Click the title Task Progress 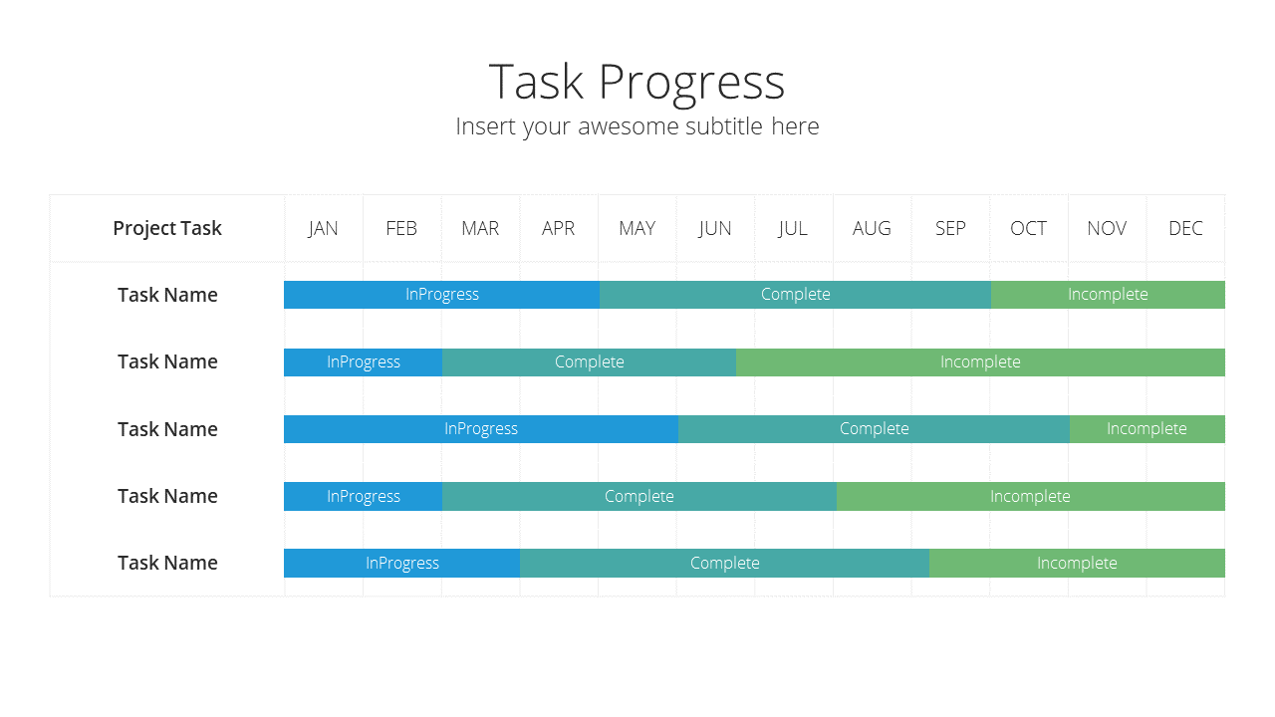pos(637,83)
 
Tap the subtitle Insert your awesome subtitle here pos(637,126)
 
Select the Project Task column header pos(166,228)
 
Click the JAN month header pos(323,228)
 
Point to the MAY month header pos(637,228)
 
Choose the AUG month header pos(872,228)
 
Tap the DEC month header pos(1185,228)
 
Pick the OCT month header pos(1028,228)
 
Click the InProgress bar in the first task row pos(441,295)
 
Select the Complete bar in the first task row pos(795,295)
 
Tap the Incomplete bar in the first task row pos(1108,295)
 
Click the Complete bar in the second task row pos(589,362)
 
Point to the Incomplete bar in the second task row pos(980,362)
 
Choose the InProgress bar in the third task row pos(481,429)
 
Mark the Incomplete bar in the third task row pos(1147,429)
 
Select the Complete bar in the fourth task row pos(639,496)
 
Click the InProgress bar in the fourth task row pos(364,496)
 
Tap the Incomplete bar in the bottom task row pos(1077,564)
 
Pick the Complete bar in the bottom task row pos(724,564)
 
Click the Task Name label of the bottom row pos(167,563)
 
